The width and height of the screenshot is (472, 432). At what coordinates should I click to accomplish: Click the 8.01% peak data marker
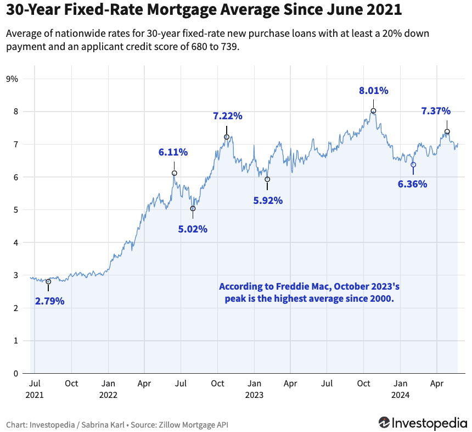tap(373, 111)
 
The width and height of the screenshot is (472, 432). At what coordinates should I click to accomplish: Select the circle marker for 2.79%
tap(48, 281)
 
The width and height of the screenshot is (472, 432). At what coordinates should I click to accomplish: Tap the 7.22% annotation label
tap(228, 116)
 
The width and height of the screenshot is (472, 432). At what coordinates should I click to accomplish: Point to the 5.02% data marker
tap(193, 209)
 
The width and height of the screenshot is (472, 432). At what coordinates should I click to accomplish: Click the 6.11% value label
tap(173, 152)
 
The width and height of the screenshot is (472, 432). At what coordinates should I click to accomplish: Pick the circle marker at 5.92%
tap(267, 179)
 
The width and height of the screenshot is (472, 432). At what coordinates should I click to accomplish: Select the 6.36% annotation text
tap(412, 184)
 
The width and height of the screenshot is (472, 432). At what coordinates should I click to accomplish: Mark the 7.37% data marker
tap(447, 132)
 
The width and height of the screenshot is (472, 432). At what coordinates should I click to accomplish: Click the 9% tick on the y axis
tap(12, 79)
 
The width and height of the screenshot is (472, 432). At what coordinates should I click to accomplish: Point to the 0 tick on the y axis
tap(15, 374)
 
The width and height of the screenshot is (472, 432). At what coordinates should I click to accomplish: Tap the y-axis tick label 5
tap(15, 210)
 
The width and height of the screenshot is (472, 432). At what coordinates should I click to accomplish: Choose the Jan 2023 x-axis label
tap(254, 389)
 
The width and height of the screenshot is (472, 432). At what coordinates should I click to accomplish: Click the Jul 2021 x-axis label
tap(35, 389)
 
